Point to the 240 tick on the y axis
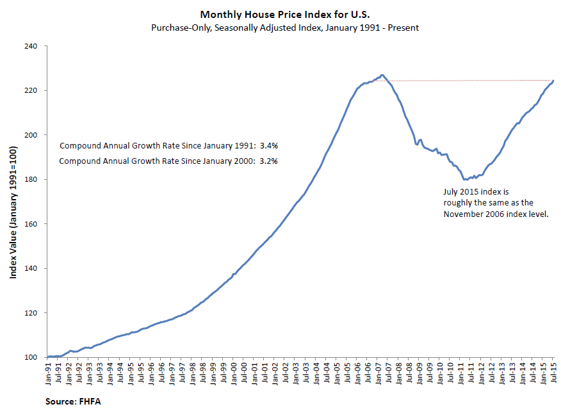(32, 46)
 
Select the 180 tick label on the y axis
(32, 179)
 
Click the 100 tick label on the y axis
(32, 357)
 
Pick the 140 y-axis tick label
(32, 268)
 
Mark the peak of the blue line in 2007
(382, 75)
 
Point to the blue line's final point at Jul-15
(553, 81)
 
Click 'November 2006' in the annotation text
(470, 214)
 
